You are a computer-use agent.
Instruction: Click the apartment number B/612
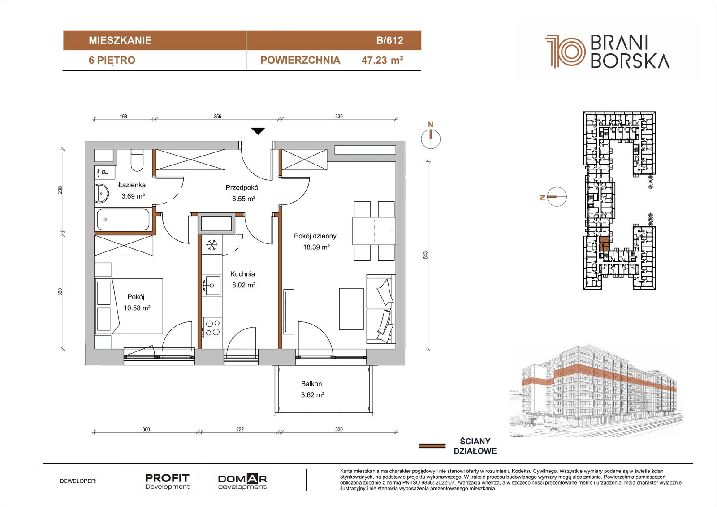389,40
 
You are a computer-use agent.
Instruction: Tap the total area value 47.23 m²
382,60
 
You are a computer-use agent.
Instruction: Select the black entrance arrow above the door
258,131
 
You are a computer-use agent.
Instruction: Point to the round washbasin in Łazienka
102,193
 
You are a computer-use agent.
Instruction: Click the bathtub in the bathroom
123,219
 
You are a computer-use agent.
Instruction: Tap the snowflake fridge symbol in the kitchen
212,245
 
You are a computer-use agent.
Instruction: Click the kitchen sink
212,285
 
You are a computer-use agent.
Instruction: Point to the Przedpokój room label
242,188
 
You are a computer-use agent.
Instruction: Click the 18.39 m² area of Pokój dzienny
316,247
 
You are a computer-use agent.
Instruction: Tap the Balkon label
311,384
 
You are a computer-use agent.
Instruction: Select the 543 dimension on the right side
425,255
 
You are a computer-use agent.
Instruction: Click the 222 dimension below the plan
240,429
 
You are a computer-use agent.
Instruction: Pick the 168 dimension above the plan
124,116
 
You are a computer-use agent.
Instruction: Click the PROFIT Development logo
168,481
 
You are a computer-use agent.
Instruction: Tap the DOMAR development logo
242,482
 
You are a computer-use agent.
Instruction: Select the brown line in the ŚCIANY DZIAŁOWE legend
432,446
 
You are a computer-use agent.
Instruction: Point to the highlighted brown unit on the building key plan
605,244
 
